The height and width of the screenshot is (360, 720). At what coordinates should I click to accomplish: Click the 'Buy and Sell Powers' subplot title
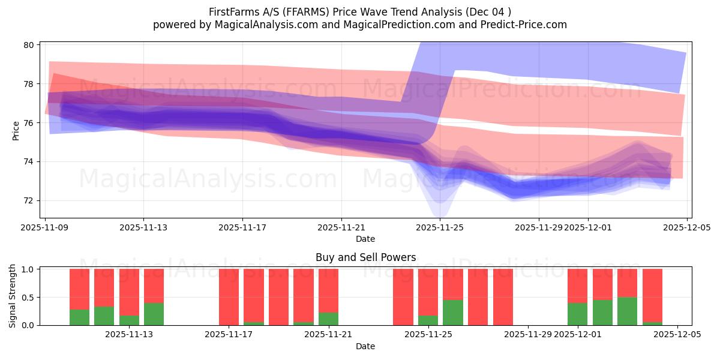pos(365,257)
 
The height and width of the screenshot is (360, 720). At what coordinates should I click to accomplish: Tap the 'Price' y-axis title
pos(16,130)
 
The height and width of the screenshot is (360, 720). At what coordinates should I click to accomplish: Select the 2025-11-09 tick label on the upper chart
pos(45,227)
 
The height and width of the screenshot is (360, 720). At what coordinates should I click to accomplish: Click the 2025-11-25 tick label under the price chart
pos(440,227)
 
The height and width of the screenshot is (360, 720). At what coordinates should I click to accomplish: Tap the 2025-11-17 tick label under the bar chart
pos(229,335)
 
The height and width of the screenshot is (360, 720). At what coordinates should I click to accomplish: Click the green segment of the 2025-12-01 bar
pos(577,314)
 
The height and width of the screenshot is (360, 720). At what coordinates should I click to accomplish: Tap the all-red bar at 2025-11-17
pos(229,297)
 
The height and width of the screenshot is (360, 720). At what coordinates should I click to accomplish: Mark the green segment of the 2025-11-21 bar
pos(328,319)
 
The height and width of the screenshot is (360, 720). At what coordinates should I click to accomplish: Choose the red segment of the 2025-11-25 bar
pos(428,292)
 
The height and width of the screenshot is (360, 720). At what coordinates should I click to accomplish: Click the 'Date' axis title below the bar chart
pos(365,346)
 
